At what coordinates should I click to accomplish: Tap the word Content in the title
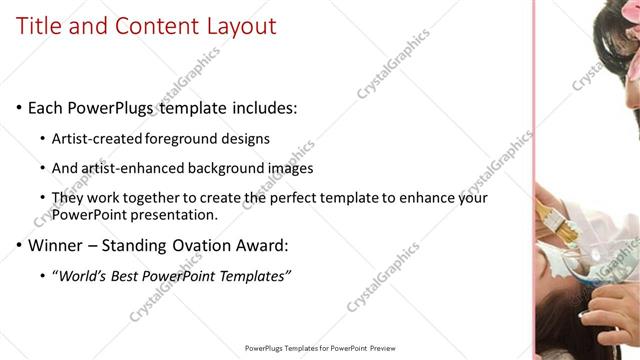click(149, 27)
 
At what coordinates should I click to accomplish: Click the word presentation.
click(171, 215)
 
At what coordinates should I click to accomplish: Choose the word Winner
click(57, 246)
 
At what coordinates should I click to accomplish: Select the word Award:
click(287, 246)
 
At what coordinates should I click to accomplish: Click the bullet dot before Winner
click(20, 246)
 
